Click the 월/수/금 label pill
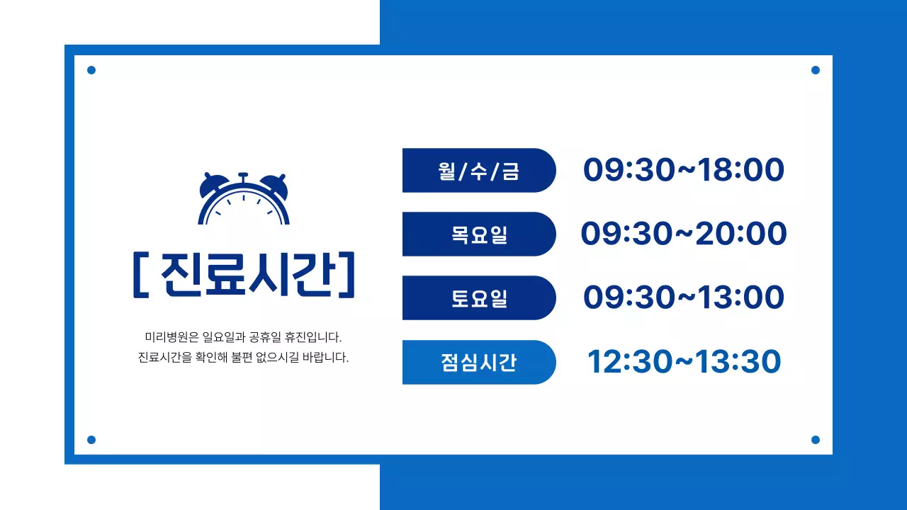[x=478, y=171]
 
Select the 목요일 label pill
[x=478, y=234]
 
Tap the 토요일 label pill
[x=478, y=298]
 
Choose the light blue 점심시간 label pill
[x=478, y=363]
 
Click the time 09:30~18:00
[x=684, y=171]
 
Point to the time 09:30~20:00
[x=684, y=234]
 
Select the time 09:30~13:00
[x=684, y=298]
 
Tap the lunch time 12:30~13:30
[x=684, y=362]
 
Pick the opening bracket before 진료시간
[x=139, y=275]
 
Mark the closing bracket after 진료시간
[x=347, y=275]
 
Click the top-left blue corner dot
[x=91, y=70]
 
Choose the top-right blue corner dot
[x=816, y=70]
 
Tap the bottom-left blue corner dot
[x=91, y=440]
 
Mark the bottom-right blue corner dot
[x=816, y=440]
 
